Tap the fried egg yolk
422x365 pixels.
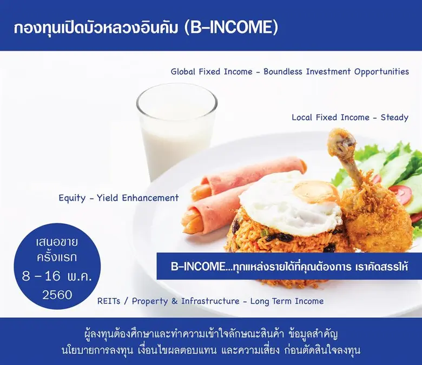tap(316, 191)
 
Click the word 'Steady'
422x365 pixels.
tap(394, 117)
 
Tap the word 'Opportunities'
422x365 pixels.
tap(381, 71)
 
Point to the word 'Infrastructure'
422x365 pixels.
tap(212, 301)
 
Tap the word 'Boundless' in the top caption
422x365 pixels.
tap(286, 71)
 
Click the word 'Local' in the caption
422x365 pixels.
tap(304, 117)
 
